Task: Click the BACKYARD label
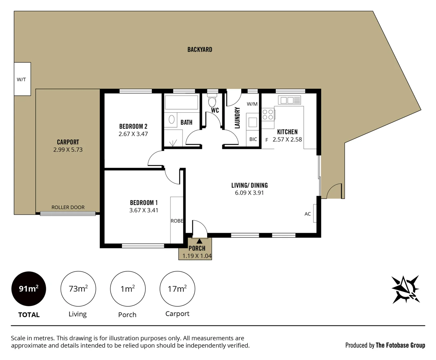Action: click(x=200, y=49)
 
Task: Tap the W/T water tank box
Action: click(x=22, y=79)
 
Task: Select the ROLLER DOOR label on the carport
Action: click(x=68, y=207)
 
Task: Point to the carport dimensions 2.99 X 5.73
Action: click(x=68, y=150)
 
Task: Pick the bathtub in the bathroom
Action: click(x=182, y=103)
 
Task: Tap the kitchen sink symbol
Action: click(x=289, y=100)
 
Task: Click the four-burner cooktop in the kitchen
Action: click(x=268, y=115)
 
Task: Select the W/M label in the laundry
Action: click(x=252, y=104)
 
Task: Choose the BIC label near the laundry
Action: click(x=253, y=139)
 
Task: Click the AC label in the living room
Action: click(x=307, y=214)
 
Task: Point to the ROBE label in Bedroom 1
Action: click(x=177, y=221)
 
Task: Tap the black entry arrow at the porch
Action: click(x=199, y=241)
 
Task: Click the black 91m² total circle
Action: click(x=29, y=289)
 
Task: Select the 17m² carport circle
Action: click(x=177, y=289)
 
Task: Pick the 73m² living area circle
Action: click(x=78, y=289)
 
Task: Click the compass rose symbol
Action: click(x=405, y=289)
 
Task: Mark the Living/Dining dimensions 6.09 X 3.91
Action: click(x=249, y=193)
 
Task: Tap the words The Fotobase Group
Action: click(x=400, y=345)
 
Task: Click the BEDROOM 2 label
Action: click(x=133, y=126)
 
